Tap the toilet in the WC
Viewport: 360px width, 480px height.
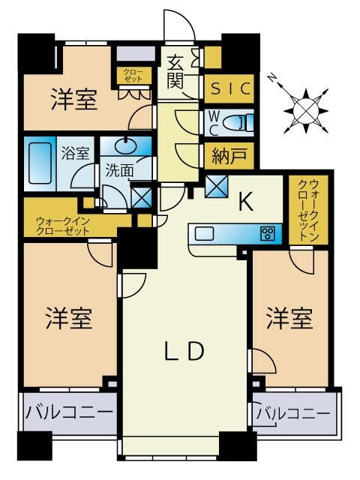pyautogui.click(x=239, y=123)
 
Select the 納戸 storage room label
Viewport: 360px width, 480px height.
pyautogui.click(x=229, y=156)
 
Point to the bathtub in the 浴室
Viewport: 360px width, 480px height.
pyautogui.click(x=40, y=163)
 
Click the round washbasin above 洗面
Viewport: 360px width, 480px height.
pyautogui.click(x=126, y=146)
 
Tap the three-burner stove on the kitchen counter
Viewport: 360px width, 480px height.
pyautogui.click(x=268, y=234)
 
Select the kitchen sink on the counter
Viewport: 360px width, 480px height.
pyautogui.click(x=204, y=234)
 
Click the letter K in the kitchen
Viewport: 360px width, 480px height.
pyautogui.click(x=246, y=202)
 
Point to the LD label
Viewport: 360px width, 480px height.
pyautogui.click(x=184, y=351)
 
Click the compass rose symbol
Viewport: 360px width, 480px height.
pyautogui.click(x=306, y=111)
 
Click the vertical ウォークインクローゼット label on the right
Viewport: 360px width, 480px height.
pyautogui.click(x=309, y=210)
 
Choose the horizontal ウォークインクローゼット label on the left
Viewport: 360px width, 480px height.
pyautogui.click(x=63, y=226)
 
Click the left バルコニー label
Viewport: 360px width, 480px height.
pyautogui.click(x=69, y=412)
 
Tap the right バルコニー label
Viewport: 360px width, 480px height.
pyautogui.click(x=293, y=414)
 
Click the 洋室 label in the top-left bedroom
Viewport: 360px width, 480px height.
pyautogui.click(x=74, y=99)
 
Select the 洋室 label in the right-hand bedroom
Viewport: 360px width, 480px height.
pyautogui.click(x=289, y=318)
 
